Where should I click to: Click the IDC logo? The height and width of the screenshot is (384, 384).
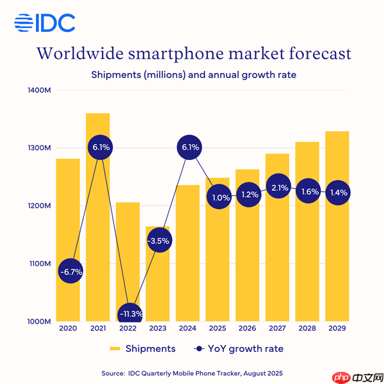click(45, 23)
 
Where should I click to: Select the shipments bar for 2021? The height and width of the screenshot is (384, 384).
click(98, 218)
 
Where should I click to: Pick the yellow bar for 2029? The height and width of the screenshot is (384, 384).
click(337, 256)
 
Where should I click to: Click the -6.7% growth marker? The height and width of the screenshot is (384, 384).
click(68, 271)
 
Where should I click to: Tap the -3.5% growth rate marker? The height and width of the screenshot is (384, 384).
click(157, 241)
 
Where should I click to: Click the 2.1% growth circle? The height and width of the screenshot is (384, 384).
click(277, 187)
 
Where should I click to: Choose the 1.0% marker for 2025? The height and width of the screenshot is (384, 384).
click(218, 198)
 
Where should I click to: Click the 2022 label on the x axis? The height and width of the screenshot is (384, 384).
click(128, 329)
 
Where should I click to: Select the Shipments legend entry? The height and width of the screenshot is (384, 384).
click(142, 349)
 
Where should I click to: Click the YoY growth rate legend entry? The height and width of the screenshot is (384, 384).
click(237, 349)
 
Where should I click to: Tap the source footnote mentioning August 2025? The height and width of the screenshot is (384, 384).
click(191, 372)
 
